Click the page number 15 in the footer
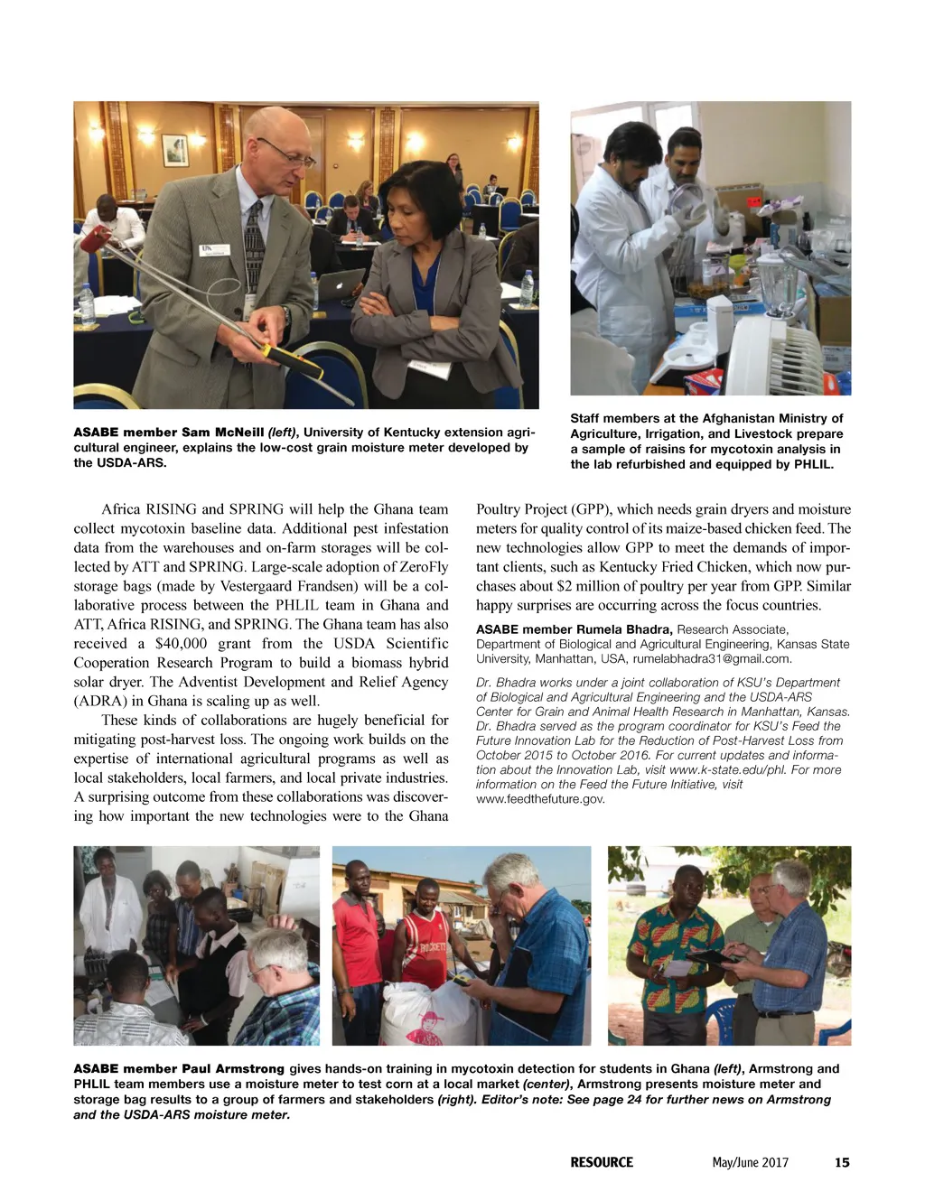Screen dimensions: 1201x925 click(842, 1162)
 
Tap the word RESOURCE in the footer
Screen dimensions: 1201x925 click(602, 1162)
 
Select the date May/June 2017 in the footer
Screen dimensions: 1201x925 click(750, 1162)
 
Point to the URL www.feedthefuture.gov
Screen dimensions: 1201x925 click(540, 798)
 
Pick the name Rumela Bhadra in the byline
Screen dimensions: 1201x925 click(623, 629)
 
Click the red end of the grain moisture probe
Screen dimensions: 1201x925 click(93, 242)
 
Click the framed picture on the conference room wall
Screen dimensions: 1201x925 click(174, 149)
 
